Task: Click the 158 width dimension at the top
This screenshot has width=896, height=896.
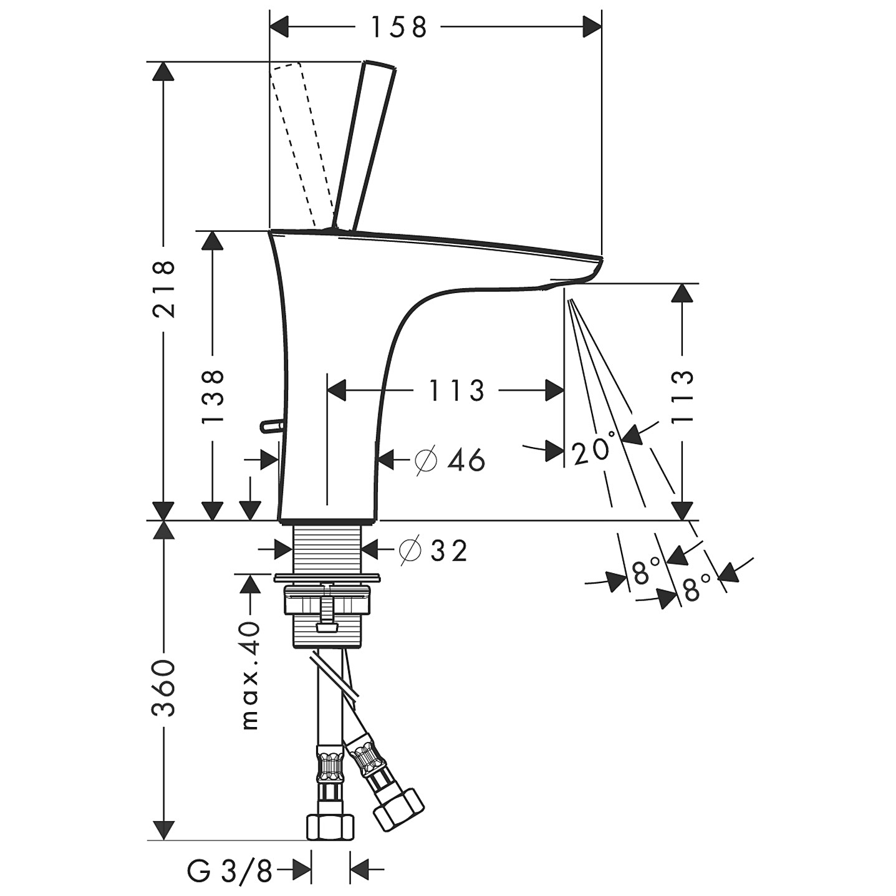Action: [398, 27]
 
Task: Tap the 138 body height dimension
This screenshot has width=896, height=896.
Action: [213, 396]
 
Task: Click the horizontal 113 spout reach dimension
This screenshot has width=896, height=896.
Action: [456, 390]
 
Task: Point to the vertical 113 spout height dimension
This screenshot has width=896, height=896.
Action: [683, 396]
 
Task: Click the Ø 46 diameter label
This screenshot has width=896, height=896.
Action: [450, 460]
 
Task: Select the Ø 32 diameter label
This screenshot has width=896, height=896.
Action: [433, 551]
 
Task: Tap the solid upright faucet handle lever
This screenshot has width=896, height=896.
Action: [364, 145]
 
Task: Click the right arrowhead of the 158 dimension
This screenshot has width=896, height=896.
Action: [592, 27]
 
